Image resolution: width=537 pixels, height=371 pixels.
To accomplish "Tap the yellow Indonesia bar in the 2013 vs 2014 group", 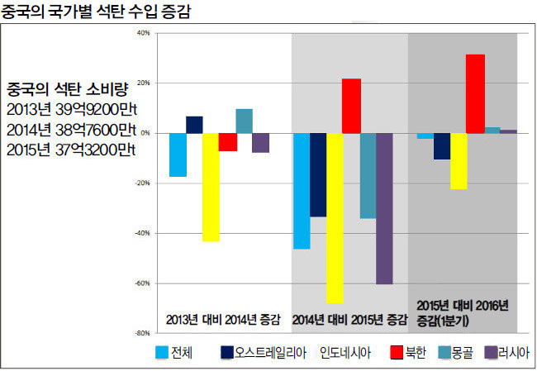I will [x=211, y=187].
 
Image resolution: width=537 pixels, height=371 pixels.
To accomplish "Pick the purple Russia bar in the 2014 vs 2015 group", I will [x=384, y=208].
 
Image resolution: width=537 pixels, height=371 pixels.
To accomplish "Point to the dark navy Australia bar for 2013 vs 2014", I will [x=194, y=125].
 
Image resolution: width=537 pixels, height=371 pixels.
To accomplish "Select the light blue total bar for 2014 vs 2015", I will [x=302, y=191].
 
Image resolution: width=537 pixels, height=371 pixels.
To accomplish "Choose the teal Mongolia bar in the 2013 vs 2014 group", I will [x=244, y=121].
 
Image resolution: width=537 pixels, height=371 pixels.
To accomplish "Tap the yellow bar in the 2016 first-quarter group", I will [x=459, y=161].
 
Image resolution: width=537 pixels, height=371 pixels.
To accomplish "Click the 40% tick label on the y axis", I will [x=143, y=34].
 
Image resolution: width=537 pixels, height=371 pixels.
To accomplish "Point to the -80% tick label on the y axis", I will [x=142, y=333].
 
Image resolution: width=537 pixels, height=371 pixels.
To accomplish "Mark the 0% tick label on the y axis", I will [x=145, y=133].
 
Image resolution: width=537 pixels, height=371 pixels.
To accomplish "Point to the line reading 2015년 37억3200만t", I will [x=71, y=149].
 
